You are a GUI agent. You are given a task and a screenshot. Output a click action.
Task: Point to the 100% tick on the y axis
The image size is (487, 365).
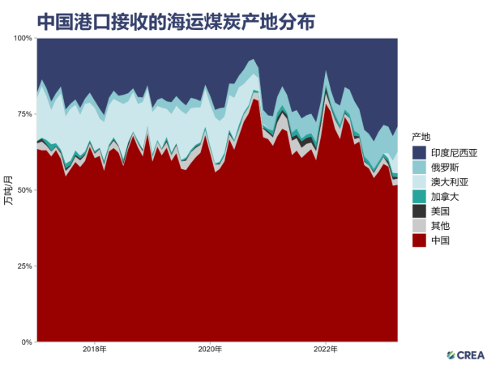(23, 38)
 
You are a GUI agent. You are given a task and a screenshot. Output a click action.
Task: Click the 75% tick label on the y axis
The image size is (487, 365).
(24, 114)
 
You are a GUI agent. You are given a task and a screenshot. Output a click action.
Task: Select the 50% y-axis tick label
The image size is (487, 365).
(24, 190)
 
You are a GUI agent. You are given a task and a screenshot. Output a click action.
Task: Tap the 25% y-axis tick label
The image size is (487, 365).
(24, 266)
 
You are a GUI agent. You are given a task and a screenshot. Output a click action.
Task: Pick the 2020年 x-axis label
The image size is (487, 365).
(210, 350)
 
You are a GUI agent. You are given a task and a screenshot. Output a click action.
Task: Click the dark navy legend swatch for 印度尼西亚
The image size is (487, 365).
(420, 153)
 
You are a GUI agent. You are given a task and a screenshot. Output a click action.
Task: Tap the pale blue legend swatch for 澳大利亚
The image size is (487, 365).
(420, 182)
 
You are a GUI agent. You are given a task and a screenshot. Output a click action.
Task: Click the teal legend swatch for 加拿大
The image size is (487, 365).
(420, 197)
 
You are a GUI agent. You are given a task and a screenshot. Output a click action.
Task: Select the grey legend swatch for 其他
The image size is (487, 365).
(420, 226)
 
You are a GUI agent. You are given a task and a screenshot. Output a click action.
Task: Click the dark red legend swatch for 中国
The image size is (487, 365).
(420, 240)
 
